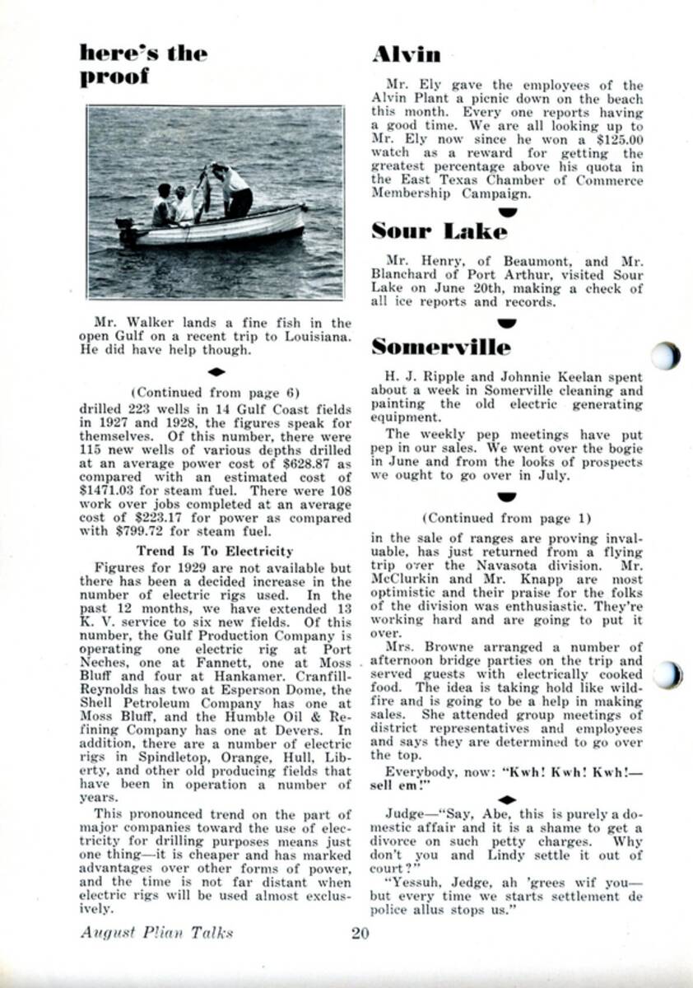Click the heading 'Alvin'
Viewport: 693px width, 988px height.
[x=406, y=55]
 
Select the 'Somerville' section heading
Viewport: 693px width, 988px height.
[x=440, y=347]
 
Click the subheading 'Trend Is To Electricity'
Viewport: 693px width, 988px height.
[x=214, y=551]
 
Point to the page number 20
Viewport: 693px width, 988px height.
[x=360, y=933]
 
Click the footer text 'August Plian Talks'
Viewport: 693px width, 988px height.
[x=157, y=933]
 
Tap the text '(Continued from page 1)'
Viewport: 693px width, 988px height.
[x=506, y=518]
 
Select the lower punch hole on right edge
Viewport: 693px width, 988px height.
[x=668, y=674]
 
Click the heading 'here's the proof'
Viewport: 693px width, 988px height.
[x=143, y=66]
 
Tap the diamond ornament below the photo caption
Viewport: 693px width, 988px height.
[x=215, y=372]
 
